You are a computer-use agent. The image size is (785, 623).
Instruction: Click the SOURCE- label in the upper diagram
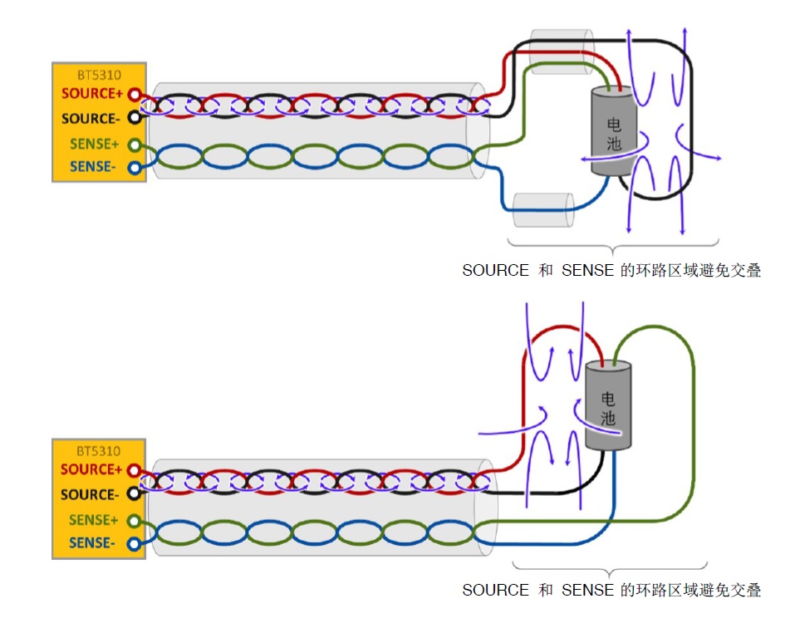point(91,119)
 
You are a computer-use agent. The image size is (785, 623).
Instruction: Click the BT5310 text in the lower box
point(99,451)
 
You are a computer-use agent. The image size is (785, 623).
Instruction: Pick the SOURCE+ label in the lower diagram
point(91,469)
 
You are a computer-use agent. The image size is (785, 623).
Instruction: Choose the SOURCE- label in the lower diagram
point(91,494)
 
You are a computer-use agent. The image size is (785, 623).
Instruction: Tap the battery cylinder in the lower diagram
point(607,407)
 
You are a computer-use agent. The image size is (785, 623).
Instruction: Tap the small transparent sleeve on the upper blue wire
point(543,210)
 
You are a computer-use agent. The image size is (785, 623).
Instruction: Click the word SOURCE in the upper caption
point(495,271)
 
